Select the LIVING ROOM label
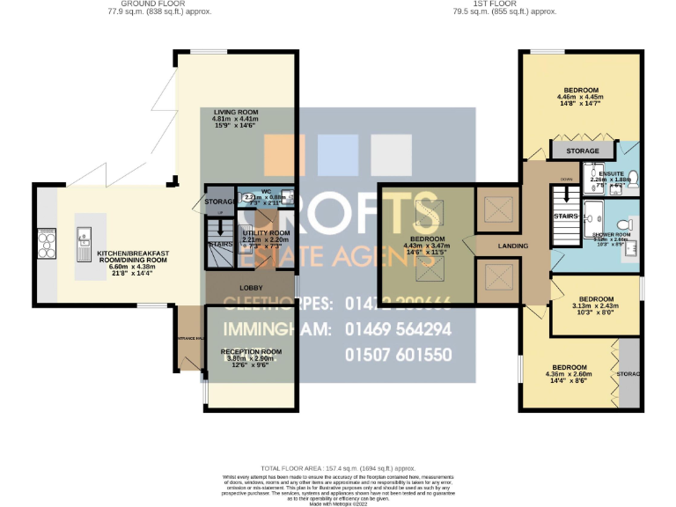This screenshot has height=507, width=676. tap(236, 112)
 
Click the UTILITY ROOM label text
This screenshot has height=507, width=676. tap(260, 232)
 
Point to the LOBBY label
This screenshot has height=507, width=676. tap(250, 287)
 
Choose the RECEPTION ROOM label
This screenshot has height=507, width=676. tap(251, 351)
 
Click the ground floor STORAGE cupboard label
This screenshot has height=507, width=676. tap(218, 202)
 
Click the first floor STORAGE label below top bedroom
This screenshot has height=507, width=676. tap(582, 151)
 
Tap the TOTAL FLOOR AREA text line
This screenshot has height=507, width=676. tap(337, 468)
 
